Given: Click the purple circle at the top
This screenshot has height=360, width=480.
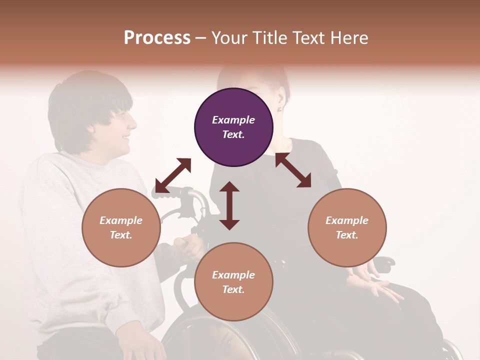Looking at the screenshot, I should click(x=233, y=127).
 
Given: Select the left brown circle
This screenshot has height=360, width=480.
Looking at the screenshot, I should click(x=121, y=227).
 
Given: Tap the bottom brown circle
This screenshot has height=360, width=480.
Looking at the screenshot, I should click(x=233, y=282).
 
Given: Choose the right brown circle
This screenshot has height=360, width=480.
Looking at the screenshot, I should click(x=347, y=227).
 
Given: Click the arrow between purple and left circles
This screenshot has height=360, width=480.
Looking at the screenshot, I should click(x=173, y=175).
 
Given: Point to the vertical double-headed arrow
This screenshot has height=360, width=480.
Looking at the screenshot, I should click(x=229, y=205).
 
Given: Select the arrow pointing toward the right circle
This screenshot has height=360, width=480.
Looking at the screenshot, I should click(x=293, y=170).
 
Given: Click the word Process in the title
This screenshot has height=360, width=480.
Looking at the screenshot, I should click(x=157, y=38).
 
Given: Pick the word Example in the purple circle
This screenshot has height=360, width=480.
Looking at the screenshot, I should click(x=233, y=120).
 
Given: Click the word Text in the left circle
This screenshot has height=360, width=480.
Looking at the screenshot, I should click(x=121, y=235).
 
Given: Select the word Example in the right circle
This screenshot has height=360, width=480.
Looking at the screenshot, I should click(x=347, y=220).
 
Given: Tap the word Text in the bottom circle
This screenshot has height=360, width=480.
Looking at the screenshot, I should click(x=233, y=289).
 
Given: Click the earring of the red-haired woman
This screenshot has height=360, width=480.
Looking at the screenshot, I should click(x=279, y=108).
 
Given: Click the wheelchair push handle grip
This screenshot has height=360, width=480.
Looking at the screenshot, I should click(x=175, y=191).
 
